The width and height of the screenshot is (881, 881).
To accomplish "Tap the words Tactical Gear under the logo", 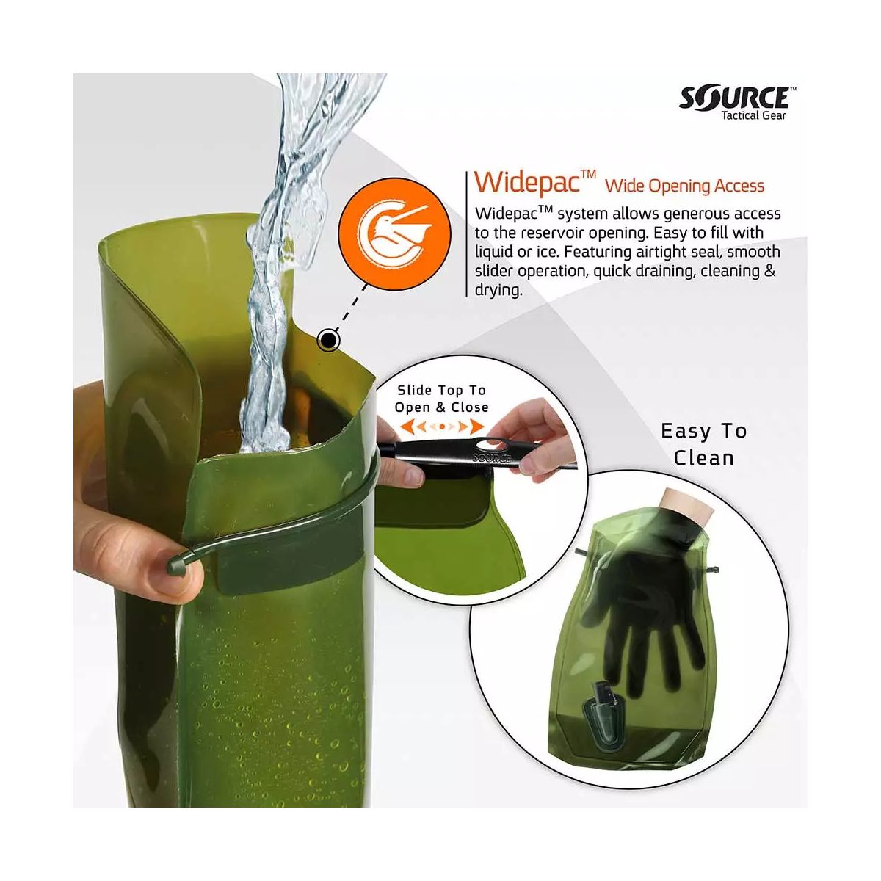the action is (x=754, y=116).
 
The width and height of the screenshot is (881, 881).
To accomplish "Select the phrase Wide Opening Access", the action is (x=684, y=186).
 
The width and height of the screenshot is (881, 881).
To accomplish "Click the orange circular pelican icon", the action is (x=395, y=233).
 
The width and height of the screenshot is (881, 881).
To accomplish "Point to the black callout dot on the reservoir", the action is (x=327, y=340).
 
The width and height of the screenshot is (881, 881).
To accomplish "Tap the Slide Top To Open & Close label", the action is (x=441, y=399).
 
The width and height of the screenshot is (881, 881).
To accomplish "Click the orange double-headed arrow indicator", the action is (x=442, y=427).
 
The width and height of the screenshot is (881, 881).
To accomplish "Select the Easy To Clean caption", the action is (x=703, y=444).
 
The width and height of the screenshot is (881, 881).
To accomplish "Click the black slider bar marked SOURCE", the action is (x=476, y=455).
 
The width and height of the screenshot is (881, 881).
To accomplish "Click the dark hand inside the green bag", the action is (x=648, y=605).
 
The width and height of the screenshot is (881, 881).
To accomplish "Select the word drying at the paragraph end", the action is (x=498, y=290).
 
